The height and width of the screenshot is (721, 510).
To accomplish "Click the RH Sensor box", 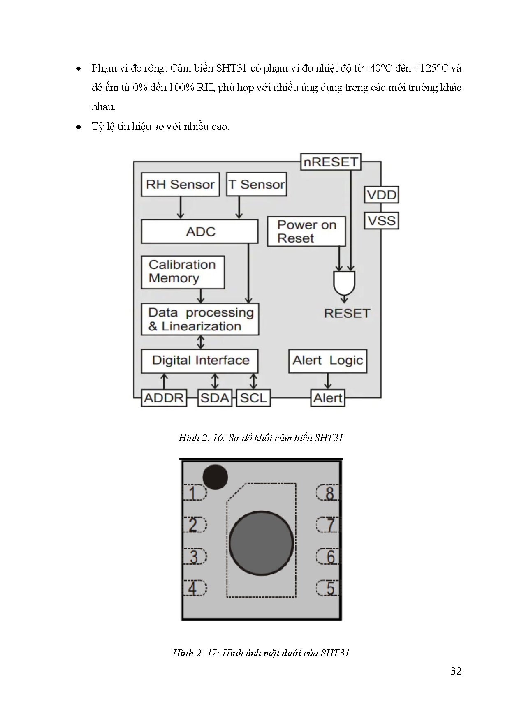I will tap(180, 185).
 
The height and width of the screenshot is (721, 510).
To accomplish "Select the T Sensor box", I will tap(257, 185).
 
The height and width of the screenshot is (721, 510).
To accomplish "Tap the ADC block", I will tap(200, 231).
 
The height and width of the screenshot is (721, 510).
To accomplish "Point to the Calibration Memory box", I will tap(183, 272).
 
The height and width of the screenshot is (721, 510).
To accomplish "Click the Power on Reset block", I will tap(306, 231).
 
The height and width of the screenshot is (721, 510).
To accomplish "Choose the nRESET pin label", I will tap(331, 162).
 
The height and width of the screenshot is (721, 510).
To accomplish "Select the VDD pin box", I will tap(382, 195).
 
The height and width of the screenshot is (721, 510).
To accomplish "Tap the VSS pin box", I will tap(382, 221).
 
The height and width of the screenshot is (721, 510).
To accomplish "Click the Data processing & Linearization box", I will tap(200, 319).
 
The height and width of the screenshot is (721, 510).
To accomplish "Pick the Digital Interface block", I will tap(200, 361).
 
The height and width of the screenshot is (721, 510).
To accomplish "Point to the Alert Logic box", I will tap(327, 361).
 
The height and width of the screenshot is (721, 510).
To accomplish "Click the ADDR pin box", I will tap(164, 398).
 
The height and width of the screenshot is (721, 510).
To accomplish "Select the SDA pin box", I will tap(215, 398).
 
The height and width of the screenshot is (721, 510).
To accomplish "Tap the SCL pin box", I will tap(253, 398).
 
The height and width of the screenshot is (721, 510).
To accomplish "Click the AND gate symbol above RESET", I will tap(344, 283).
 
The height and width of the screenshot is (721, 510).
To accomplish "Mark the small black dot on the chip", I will tap(215, 477).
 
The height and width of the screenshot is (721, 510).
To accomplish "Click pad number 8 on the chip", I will tap(329, 492).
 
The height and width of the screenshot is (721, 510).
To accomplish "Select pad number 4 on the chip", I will tap(194, 588).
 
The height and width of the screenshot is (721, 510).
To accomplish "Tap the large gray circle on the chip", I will tap(261, 543).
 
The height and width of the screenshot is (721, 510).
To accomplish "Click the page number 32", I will tap(456, 671).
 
